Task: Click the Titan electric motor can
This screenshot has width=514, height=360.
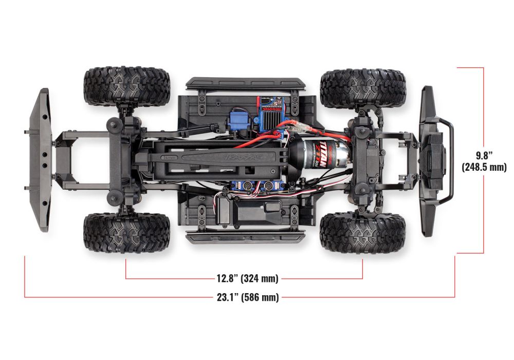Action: click(x=313, y=155)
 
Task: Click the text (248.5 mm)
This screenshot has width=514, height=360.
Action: click(x=484, y=167)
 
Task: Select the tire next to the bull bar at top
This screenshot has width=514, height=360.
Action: click(x=362, y=88)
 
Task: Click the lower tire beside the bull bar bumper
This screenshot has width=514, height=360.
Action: click(x=362, y=232)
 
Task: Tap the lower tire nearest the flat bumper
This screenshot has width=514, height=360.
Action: click(x=126, y=232)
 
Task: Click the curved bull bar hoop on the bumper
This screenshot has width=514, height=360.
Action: click(x=448, y=159)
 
